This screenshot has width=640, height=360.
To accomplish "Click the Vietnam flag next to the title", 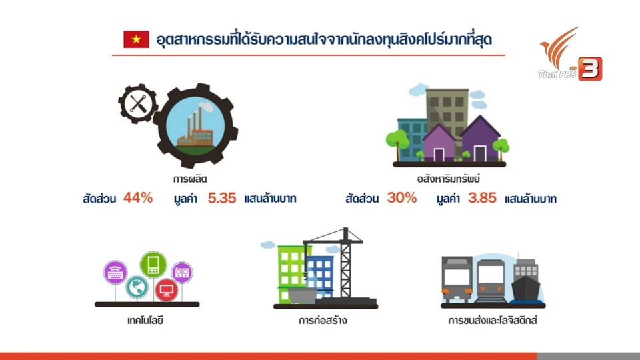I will coord(136,39).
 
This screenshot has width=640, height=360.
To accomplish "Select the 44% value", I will coord(138,198).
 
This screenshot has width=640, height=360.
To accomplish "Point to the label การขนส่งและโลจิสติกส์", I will coord(493,320).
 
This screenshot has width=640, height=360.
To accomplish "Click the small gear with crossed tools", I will coord(138,104).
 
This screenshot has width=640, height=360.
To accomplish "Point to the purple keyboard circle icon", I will coord(117,273).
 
